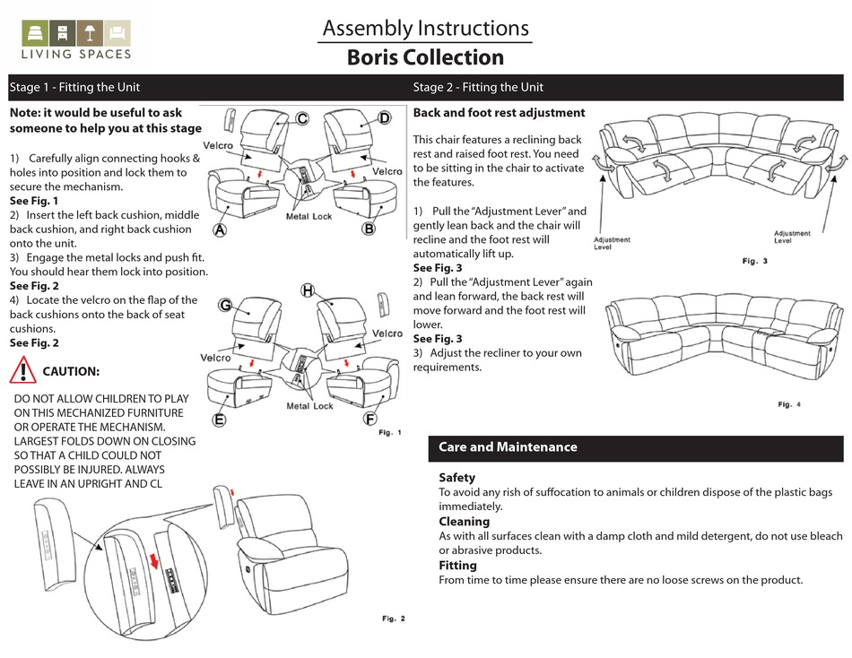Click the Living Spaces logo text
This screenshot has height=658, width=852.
click(76, 54)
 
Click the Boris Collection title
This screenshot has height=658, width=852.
click(425, 58)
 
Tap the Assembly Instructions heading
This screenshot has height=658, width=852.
click(425, 29)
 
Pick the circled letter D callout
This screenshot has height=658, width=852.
click(384, 118)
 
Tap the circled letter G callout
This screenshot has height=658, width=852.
click(228, 306)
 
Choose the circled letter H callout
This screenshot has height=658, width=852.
click(308, 290)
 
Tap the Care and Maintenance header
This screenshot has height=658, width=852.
click(508, 446)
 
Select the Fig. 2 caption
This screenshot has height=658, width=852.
click(394, 619)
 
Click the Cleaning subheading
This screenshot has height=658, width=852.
click(464, 521)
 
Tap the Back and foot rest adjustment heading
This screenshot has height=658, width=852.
click(499, 113)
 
